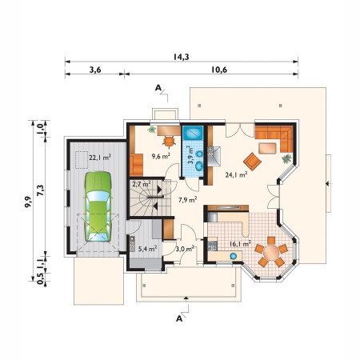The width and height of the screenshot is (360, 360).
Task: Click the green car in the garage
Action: (98, 206)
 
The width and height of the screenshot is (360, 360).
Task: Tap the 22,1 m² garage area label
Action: (100, 158)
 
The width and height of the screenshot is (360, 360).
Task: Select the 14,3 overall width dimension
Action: (182, 57)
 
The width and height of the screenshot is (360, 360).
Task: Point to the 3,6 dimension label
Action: (95, 70)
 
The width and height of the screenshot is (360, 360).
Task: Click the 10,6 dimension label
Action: (219, 70)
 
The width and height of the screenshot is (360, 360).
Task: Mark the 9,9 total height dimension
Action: (28, 202)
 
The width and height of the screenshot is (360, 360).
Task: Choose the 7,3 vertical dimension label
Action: (41, 190)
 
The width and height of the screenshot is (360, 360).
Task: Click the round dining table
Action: (271, 252)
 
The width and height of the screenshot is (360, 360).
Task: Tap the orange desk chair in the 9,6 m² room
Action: (169, 141)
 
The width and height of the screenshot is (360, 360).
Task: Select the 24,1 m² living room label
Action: (236, 175)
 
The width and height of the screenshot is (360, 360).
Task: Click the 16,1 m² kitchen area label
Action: (240, 243)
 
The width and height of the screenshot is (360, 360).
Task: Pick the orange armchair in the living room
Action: (252, 162)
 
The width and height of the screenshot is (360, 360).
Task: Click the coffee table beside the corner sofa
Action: (267, 148)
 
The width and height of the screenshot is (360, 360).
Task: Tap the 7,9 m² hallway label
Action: (188, 199)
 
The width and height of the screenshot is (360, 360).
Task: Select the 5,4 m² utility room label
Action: (147, 249)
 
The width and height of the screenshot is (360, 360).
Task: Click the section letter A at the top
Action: (158, 87)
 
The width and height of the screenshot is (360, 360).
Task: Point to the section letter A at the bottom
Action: (179, 318)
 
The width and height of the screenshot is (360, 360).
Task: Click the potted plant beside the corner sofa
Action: (286, 158)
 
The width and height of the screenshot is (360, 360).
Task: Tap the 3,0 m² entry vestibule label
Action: (185, 249)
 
